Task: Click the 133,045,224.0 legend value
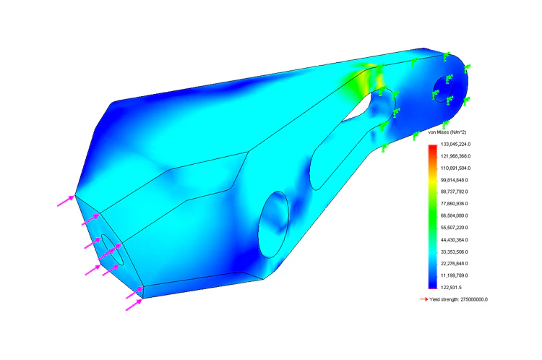(x=455, y=144)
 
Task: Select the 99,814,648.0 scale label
(x=455, y=180)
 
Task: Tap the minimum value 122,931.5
(x=451, y=288)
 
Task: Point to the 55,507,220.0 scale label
(x=455, y=228)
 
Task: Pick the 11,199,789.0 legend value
(x=455, y=275)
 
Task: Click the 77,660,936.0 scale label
(x=455, y=204)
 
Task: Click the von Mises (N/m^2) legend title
(x=447, y=132)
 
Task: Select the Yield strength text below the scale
(x=458, y=299)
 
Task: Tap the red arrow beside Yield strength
(x=423, y=299)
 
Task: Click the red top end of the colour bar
(x=432, y=147)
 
